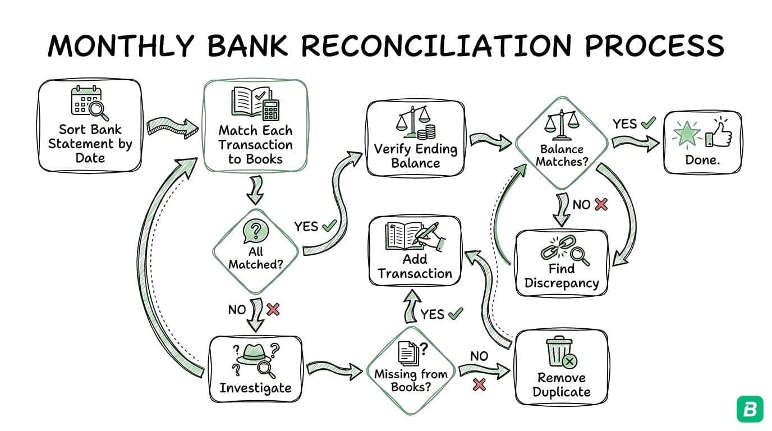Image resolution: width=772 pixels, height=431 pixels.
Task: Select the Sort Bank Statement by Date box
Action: (90, 126)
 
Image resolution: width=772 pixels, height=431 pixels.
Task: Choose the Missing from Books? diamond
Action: (411, 368)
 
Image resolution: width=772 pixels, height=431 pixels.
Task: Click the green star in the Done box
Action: (688, 134)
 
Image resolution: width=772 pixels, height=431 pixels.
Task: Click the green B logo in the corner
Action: (750, 409)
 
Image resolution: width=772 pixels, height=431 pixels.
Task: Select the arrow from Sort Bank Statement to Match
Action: (172, 127)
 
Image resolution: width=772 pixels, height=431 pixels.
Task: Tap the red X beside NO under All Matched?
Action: (273, 309)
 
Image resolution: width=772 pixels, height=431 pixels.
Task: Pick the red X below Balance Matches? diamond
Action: (601, 204)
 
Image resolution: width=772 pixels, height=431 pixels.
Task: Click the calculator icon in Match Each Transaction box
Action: (271, 109)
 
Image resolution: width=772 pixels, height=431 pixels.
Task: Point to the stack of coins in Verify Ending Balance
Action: (429, 132)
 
